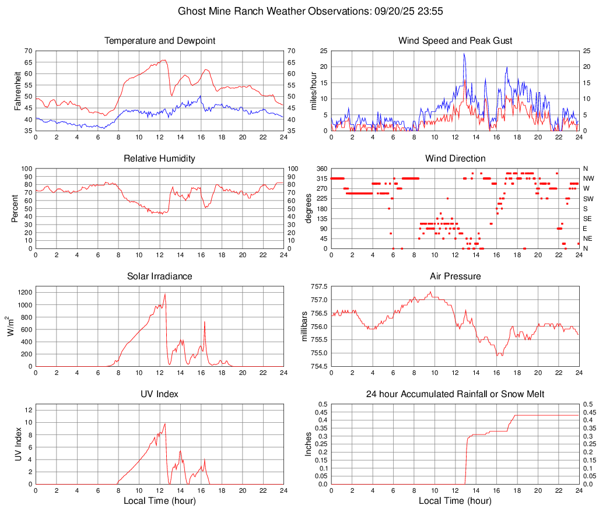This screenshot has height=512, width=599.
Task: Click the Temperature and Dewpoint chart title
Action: [160, 41]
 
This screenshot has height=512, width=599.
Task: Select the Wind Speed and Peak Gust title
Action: [455, 41]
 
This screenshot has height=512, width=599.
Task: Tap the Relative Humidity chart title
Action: [160, 159]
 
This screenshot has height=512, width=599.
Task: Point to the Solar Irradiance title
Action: [160, 276]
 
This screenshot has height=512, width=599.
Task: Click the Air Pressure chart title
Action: [455, 276]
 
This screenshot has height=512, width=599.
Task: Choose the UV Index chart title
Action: [160, 394]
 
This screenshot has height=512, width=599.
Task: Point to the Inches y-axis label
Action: [309, 444]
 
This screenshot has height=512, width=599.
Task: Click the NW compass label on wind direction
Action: [589, 178]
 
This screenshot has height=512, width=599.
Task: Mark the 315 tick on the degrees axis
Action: [320, 178]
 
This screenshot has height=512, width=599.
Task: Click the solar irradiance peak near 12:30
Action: [165, 294]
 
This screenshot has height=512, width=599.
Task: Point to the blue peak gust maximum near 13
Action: [464, 54]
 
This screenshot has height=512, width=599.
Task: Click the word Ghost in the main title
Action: [191, 10]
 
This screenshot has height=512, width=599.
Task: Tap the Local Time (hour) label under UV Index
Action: [160, 501]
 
